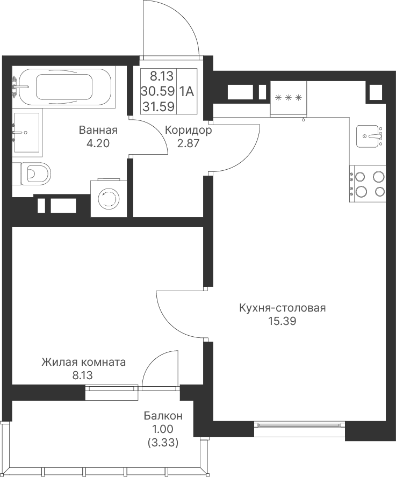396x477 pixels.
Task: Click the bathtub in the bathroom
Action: point(64,86)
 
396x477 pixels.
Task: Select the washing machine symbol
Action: point(109,198)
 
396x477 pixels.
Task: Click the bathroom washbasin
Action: point(27,132)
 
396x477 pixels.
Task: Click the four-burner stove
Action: point(368,184)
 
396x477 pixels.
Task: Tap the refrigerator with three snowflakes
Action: point(288,98)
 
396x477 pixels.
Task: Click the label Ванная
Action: point(98,130)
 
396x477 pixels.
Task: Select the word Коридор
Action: point(189,130)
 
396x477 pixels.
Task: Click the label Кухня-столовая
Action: point(283,308)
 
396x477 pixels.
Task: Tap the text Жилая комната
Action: point(84,362)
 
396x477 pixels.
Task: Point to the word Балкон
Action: point(163,416)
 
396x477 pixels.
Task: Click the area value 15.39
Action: point(282,321)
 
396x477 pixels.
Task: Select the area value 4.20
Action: point(98,143)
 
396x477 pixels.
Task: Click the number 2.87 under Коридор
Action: point(188,143)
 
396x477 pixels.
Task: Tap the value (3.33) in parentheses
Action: point(163,442)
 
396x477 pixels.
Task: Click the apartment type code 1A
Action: point(186,91)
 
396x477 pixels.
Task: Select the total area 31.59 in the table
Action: point(159,106)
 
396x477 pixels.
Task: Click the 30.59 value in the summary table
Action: point(158,91)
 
